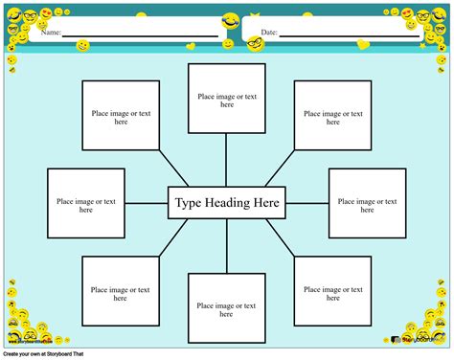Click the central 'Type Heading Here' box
(x=226, y=203)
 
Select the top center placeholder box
(x=226, y=99)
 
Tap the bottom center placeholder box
(x=226, y=308)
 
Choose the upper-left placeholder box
(x=120, y=116)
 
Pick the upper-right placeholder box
(x=332, y=116)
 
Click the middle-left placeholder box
(x=86, y=203)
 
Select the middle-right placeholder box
(x=368, y=203)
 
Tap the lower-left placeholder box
(x=120, y=292)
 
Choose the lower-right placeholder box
(x=332, y=292)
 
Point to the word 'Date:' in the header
(x=269, y=33)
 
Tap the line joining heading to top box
(x=226, y=160)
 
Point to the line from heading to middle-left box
(x=147, y=203)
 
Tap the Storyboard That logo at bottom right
(x=418, y=340)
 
